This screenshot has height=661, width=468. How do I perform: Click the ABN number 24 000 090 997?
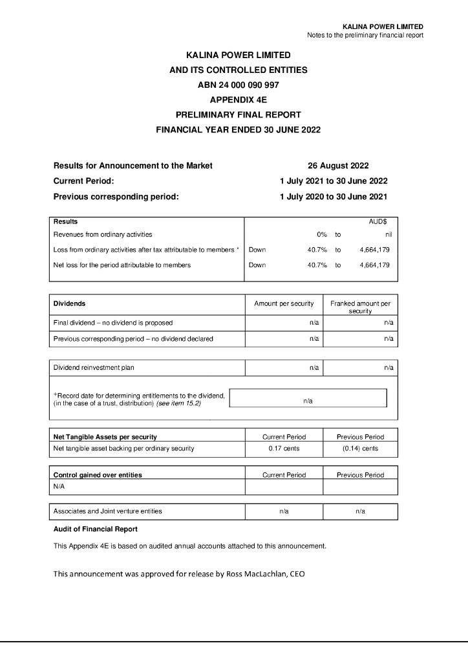tap(239, 85)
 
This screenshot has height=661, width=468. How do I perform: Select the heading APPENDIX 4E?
tap(239, 99)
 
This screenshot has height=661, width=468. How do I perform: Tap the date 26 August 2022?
tap(338, 166)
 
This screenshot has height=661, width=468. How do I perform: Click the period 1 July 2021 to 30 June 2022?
tap(334, 181)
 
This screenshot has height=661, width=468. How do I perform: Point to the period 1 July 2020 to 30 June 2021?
tap(334, 197)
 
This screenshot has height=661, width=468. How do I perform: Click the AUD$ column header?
tap(378, 221)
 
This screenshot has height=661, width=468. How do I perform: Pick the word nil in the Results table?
tap(388, 235)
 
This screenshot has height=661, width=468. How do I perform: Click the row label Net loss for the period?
tap(122, 265)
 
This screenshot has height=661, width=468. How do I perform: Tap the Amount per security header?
tap(284, 303)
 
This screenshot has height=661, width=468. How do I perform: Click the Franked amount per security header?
tap(360, 307)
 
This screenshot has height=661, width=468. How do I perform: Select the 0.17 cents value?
tap(284, 449)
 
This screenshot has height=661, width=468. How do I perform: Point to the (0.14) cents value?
tap(360, 449)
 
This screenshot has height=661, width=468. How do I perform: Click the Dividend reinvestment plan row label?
tap(94, 368)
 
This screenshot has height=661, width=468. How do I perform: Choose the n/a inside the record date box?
tap(308, 401)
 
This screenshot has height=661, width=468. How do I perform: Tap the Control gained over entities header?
tap(98, 475)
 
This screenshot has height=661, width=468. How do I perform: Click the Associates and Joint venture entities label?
tap(107, 511)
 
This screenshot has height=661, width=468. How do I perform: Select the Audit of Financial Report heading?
tap(95, 529)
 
